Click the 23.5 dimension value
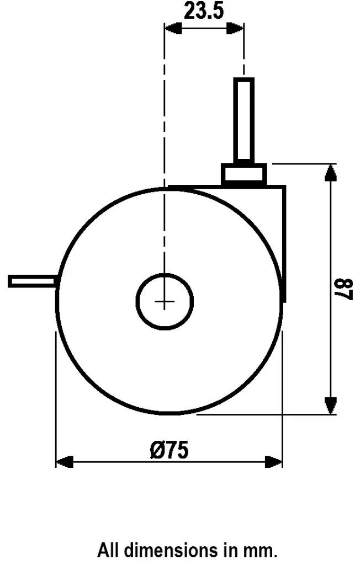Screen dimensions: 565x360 (204, 11)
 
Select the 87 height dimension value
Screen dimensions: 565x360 (344, 289)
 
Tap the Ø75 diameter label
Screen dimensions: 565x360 (169, 450)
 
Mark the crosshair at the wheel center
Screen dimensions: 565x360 (165, 301)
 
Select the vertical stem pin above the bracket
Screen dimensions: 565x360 (243, 119)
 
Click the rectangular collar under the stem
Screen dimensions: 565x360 (243, 174)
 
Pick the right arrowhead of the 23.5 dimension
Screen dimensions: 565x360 (236, 28)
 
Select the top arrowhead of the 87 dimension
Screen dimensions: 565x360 (330, 172)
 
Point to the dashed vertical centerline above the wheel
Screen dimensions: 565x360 (165, 110)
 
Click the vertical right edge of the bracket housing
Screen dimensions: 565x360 (285, 243)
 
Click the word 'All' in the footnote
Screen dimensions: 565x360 (109, 550)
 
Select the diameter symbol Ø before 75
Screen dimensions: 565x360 (157, 450)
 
